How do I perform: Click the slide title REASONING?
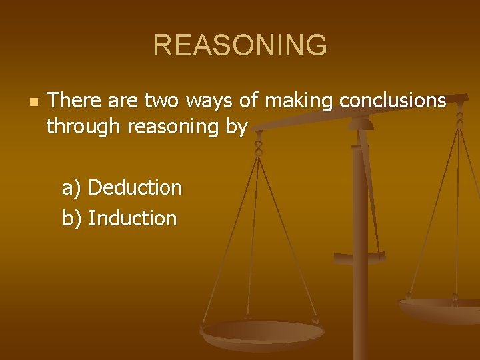click(x=240, y=45)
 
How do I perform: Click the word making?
click(x=299, y=101)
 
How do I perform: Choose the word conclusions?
click(x=393, y=101)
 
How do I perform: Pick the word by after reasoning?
click(x=237, y=126)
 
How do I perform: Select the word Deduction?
click(x=135, y=188)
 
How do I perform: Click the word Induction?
click(x=132, y=218)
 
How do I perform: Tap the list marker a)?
click(x=71, y=188)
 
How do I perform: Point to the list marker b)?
click(x=71, y=218)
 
